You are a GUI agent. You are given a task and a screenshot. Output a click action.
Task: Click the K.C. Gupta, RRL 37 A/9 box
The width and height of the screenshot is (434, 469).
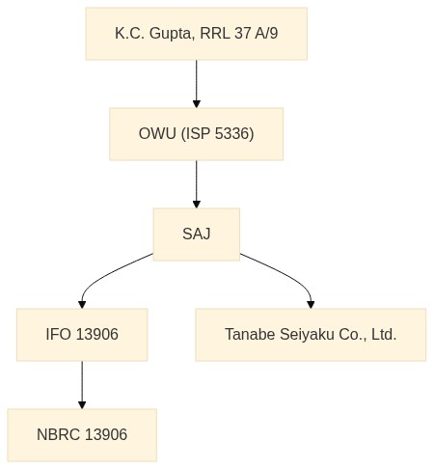coord(197,34)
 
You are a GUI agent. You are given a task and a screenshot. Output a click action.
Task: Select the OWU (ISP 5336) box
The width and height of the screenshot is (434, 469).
coord(197,134)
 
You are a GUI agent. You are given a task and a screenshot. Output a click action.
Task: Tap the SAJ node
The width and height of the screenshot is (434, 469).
coord(197,234)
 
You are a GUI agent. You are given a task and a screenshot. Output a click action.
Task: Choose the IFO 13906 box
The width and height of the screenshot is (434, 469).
coord(82,335)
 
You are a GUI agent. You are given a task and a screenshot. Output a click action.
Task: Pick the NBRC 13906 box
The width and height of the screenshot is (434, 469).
coord(82,435)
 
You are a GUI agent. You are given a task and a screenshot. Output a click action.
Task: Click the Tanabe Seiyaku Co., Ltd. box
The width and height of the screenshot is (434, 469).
coord(311,335)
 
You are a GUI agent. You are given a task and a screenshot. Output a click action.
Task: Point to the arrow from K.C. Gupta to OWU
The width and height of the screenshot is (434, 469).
coord(197,84)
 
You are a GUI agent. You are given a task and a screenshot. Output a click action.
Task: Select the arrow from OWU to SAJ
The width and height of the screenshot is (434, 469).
coord(197,184)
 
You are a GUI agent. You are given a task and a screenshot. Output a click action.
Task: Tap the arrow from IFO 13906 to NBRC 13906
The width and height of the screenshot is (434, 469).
coord(82,385)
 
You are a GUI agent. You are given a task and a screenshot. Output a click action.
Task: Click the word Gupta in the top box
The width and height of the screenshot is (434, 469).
coord(172,34)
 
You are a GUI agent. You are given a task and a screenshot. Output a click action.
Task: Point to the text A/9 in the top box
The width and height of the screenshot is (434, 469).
coord(266,33)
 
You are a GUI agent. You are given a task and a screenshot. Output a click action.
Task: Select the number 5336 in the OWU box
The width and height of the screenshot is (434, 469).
coord(232,133)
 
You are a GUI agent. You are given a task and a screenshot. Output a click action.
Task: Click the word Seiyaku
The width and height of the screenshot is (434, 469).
coord(307,335)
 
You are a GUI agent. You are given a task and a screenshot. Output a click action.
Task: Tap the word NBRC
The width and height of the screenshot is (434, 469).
coord(58,434)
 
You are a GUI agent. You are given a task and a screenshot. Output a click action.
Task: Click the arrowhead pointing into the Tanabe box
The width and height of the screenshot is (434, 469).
coord(311,305)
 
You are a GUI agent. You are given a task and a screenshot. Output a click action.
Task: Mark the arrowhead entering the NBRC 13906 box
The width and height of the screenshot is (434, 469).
coord(82,405)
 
